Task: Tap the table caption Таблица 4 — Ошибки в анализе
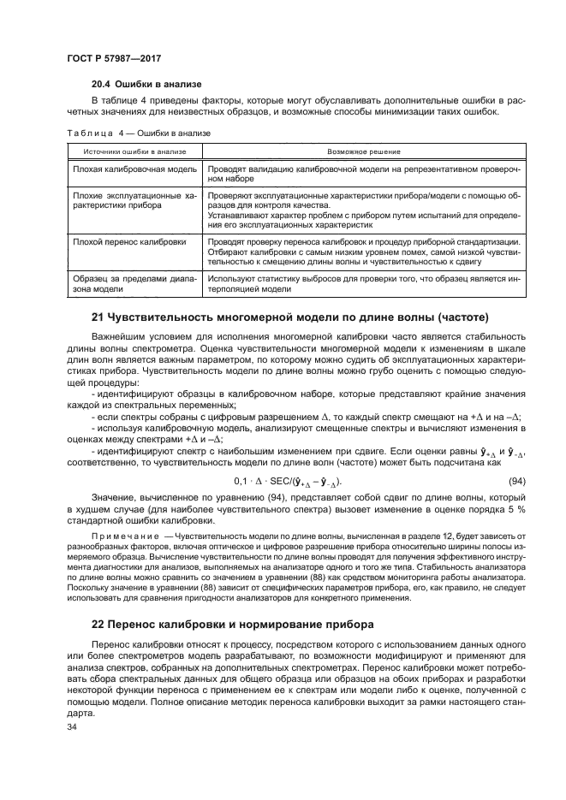tap(138, 133)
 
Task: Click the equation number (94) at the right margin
tap(518, 482)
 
